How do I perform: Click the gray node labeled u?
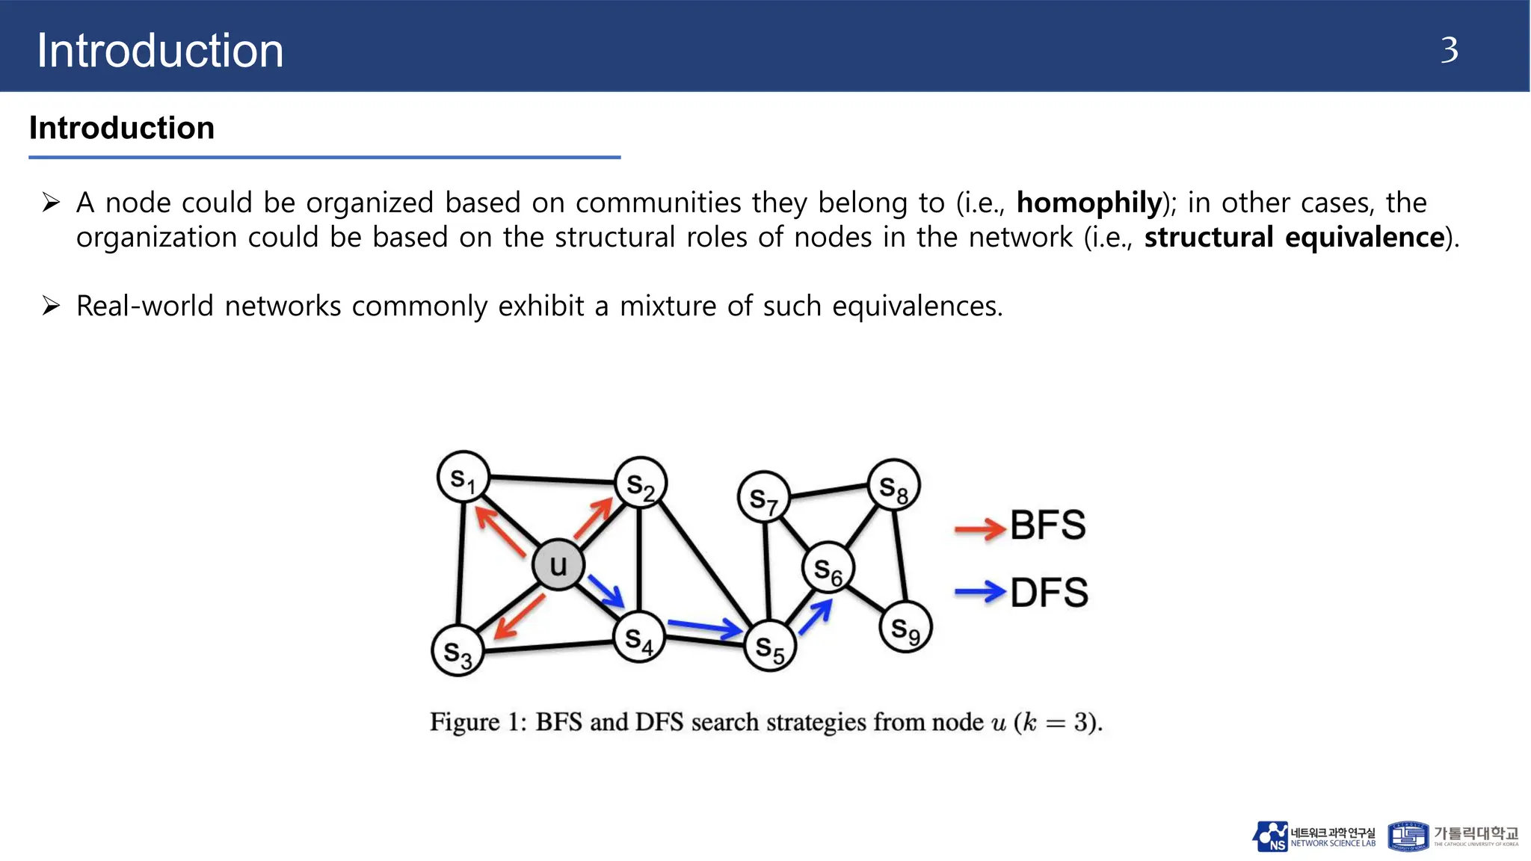pyautogui.click(x=558, y=565)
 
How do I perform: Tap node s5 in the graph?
pyautogui.click(x=770, y=646)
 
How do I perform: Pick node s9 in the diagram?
pyautogui.click(x=905, y=628)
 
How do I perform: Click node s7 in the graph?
pyautogui.click(x=763, y=497)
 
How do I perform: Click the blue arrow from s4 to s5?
pyautogui.click(x=704, y=628)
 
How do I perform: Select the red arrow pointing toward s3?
pyautogui.click(x=518, y=617)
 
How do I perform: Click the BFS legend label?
pyautogui.click(x=1047, y=525)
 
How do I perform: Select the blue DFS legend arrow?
pyautogui.click(x=980, y=593)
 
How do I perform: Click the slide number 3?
pyautogui.click(x=1449, y=51)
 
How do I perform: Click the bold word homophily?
pyautogui.click(x=1089, y=203)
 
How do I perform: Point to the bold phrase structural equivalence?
pyautogui.click(x=1293, y=238)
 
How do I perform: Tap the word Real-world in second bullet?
pyautogui.click(x=144, y=306)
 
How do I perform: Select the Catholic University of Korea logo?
pyautogui.click(x=1453, y=836)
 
